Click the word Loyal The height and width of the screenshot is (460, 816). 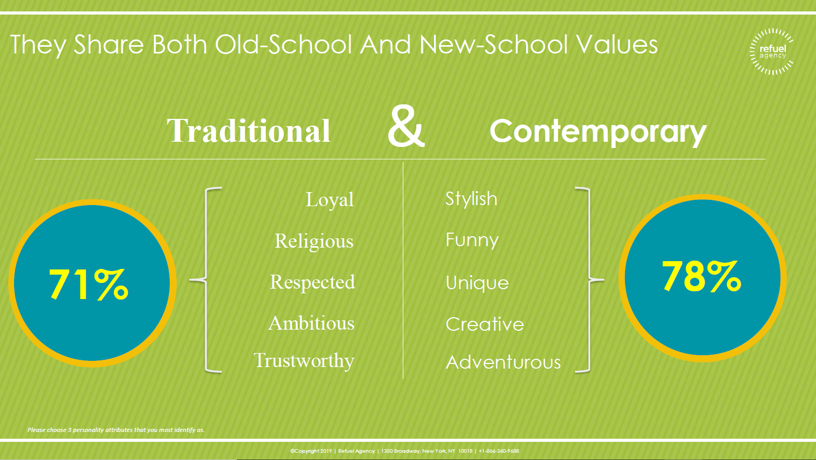(330, 200)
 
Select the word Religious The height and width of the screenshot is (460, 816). (314, 241)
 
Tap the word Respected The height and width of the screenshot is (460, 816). (312, 282)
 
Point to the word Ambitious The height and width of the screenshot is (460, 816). (311, 323)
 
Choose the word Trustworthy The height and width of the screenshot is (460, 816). (304, 361)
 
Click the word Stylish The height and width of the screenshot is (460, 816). (471, 199)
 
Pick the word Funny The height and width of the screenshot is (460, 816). (472, 240)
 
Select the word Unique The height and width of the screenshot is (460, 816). (477, 283)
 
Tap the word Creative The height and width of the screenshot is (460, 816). (485, 324)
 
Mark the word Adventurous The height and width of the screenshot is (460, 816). (503, 362)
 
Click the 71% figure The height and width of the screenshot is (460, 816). (89, 284)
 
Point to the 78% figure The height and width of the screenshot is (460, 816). (701, 276)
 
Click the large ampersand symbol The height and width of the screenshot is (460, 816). (406, 126)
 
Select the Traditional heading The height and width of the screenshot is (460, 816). (249, 131)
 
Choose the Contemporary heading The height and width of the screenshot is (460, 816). (598, 132)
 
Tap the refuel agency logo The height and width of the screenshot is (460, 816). (772, 52)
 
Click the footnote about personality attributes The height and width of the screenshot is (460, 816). (116, 430)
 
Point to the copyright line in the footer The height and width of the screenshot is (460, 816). (404, 451)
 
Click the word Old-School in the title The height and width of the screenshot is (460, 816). (284, 45)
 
